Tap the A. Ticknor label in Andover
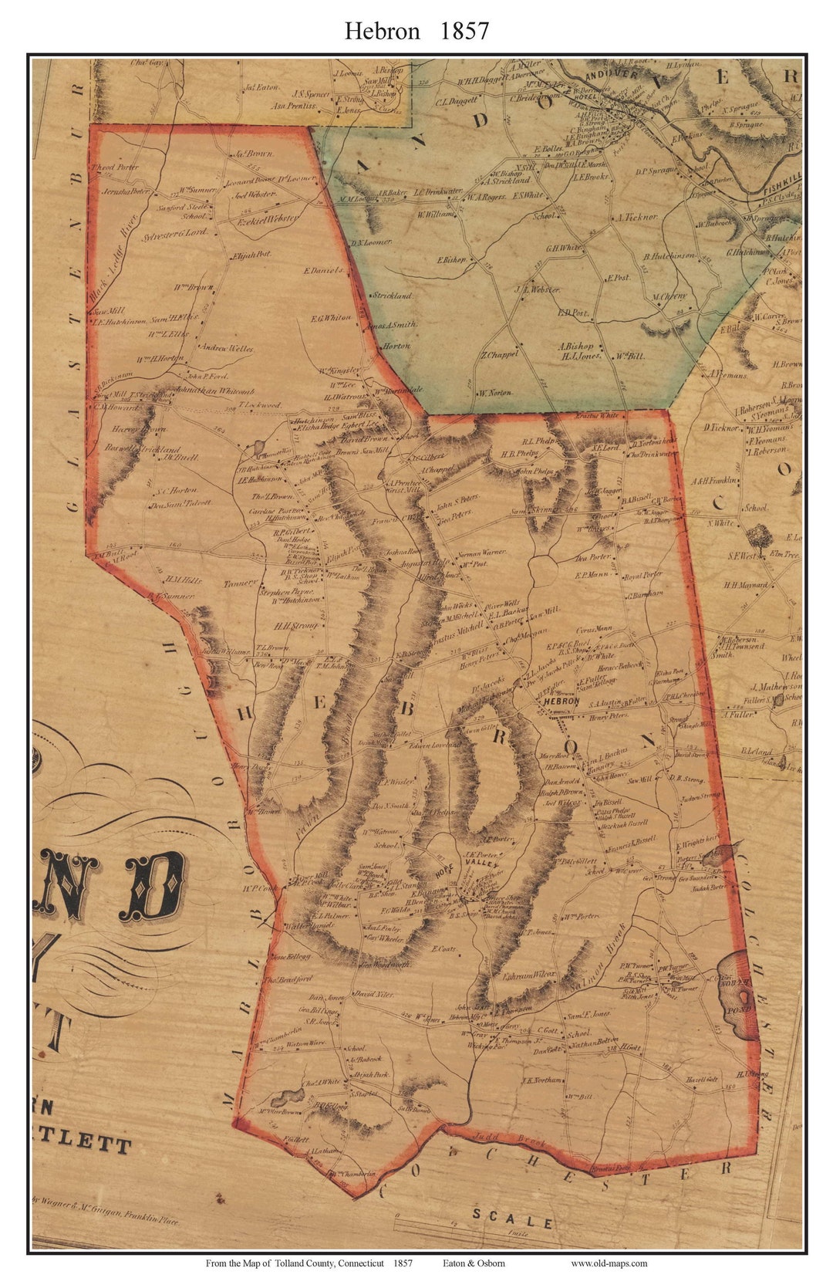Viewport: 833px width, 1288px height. point(637,218)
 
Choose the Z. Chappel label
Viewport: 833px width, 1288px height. point(500,355)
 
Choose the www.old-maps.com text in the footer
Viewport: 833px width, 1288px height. point(609,1263)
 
